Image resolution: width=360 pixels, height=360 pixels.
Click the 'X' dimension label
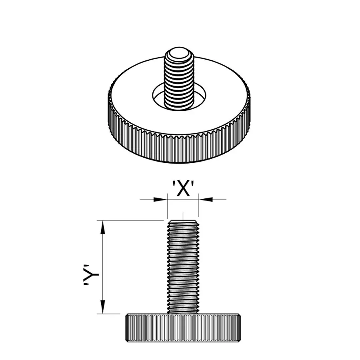pos(183,188)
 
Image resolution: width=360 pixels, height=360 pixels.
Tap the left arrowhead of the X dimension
pos(161,199)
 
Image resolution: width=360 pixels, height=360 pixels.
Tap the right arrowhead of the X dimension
pos(205,199)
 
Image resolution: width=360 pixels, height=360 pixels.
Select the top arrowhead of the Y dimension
pos(103,227)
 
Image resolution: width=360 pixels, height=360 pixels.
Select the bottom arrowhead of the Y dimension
pos(103,307)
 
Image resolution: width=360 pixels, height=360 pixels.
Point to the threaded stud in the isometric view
pos(179,80)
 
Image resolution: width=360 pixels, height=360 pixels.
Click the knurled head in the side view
pos(183,328)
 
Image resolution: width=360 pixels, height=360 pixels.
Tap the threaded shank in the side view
pos(183,268)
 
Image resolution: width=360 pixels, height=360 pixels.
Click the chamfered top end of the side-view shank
pos(183,222)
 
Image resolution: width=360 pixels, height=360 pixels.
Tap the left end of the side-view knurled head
pos(128,328)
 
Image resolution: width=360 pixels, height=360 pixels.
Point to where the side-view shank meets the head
pos(183,313)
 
